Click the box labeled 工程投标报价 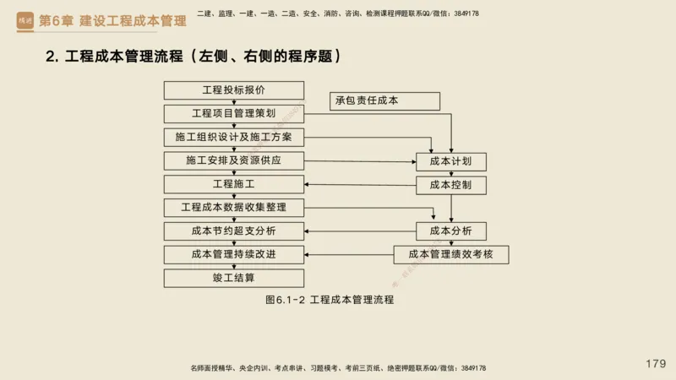coord(234,90)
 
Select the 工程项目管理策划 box coord(234,113)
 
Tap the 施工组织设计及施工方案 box coord(234,137)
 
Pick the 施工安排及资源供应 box coord(234,160)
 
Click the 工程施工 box coord(234,184)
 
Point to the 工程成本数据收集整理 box coord(234,208)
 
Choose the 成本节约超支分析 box coord(234,231)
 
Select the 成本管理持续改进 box coord(234,254)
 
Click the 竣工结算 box coord(234,278)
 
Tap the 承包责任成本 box coord(384,101)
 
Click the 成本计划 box coord(450,161)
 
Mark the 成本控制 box coord(450,184)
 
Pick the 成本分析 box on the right coord(450,231)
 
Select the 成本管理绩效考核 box coord(450,254)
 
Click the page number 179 coord(656,363)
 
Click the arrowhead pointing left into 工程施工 coord(308,185)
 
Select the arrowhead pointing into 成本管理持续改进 coord(308,254)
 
